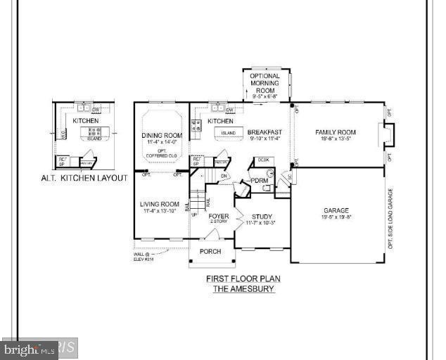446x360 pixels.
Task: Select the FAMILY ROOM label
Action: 335,132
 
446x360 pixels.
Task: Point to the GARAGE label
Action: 336,210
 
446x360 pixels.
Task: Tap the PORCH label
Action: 210,251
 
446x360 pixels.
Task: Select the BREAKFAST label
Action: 265,132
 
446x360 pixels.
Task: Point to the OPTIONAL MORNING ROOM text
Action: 265,84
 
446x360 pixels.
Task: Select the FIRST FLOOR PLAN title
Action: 243,278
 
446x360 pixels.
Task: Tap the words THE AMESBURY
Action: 243,288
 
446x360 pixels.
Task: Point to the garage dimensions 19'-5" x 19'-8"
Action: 336,217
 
